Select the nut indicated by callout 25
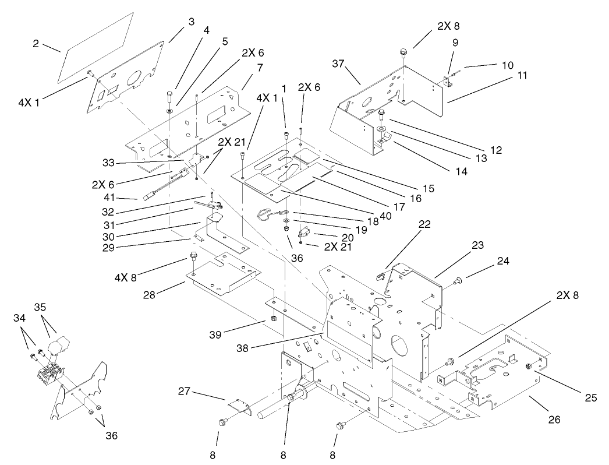coord(528,367)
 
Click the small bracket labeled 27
coord(239,406)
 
